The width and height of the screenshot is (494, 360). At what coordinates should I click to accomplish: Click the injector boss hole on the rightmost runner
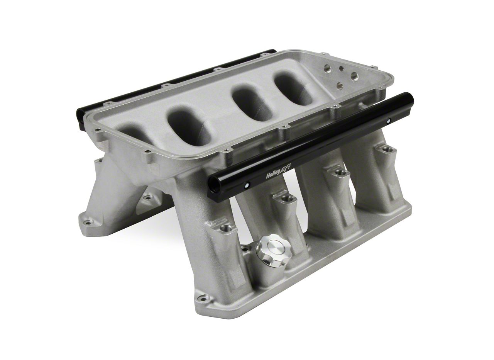387,149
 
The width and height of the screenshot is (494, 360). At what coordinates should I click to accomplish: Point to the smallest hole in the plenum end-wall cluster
342,68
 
